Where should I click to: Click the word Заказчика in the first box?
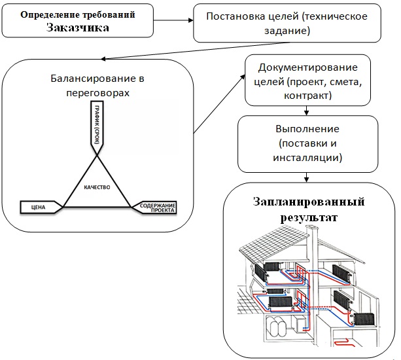pos(78,27)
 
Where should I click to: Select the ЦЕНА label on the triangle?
pos(38,207)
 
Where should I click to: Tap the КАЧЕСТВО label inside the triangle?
pos(97,187)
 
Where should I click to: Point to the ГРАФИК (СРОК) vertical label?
pos(97,124)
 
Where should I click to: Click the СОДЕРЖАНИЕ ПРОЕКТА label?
pos(158,207)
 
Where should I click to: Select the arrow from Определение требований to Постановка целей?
pos(173,20)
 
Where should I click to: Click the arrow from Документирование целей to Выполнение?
pos(306,111)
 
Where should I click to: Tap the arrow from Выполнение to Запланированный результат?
pos(306,177)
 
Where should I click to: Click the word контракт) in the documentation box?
pos(307,96)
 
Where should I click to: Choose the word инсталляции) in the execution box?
pos(307,157)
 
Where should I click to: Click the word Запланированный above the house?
pos(309,202)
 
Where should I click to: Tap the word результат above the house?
pos(309,218)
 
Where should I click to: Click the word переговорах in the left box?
pos(97,93)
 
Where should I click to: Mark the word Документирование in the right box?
pos(307,67)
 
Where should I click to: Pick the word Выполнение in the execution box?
pos(307,129)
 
